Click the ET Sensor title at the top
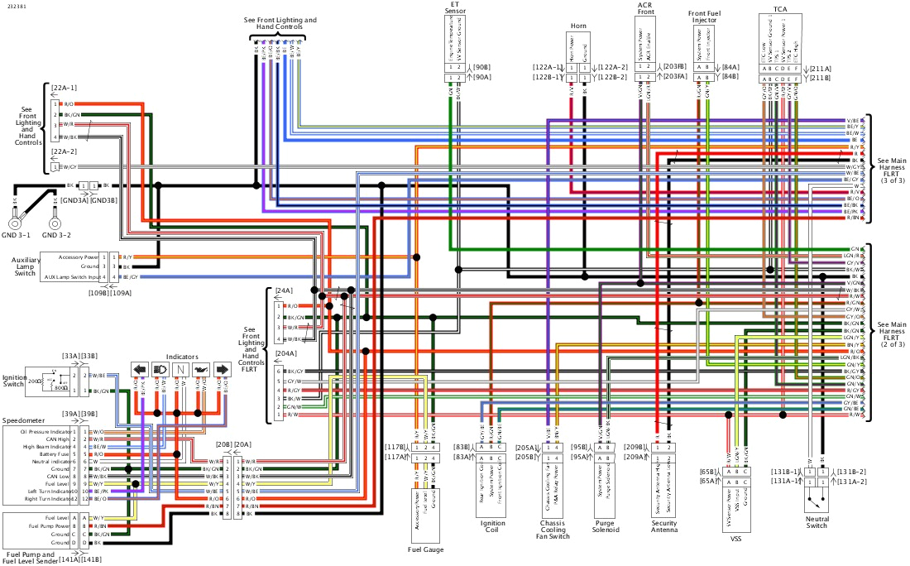click(454, 8)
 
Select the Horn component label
click(577, 26)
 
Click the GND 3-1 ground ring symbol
click(15, 222)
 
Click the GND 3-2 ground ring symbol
click(55, 222)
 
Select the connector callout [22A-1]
click(64, 87)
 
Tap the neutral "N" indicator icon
click(180, 370)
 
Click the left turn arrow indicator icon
click(140, 370)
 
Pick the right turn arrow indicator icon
click(221, 370)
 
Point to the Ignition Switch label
click(15, 381)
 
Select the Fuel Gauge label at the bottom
click(427, 549)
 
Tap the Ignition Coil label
click(493, 527)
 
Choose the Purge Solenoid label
click(606, 527)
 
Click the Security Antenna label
click(663, 526)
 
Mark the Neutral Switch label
click(816, 521)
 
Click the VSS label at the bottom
click(735, 538)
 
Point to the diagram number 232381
click(16, 7)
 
